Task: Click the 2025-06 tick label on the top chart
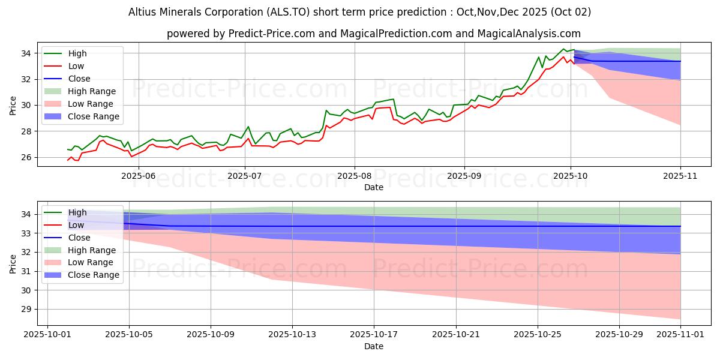[x=139, y=176]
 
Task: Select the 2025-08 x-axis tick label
[x=354, y=176]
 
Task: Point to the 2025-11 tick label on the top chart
[x=680, y=176]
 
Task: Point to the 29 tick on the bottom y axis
[x=28, y=310]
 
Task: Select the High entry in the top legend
[x=77, y=53]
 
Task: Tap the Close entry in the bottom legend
[x=79, y=238]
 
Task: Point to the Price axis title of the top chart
[x=13, y=105]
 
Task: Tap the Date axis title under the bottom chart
[x=373, y=346]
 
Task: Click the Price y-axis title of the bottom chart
[x=13, y=263]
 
